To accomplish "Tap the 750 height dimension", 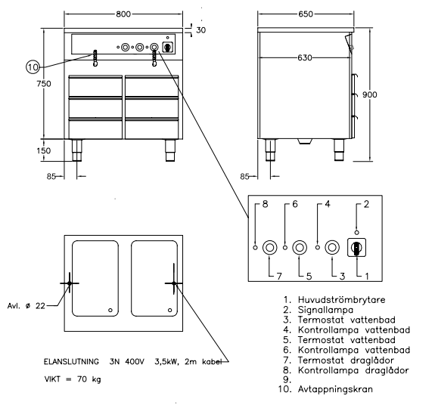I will [44, 84].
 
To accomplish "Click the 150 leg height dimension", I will [44, 151].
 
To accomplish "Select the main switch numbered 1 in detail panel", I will [356, 246].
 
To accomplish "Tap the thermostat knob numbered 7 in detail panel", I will [269, 247].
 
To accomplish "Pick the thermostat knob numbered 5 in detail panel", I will [300, 247].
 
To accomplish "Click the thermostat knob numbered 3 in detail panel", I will [331, 247].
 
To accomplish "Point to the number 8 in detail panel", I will [266, 204].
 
